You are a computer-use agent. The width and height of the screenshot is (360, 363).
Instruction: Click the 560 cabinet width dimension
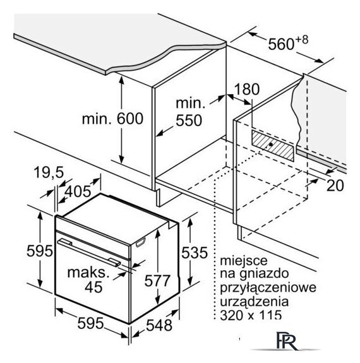pos(281,44)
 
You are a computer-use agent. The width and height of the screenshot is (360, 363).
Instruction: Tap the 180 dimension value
pos(247,89)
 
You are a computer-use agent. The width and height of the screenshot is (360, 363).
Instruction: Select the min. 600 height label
pos(112,119)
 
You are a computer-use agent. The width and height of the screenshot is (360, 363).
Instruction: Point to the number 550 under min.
pos(189,121)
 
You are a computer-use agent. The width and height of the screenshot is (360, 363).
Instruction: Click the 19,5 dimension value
pos(49,172)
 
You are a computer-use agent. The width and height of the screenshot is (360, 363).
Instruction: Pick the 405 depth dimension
pos(78,191)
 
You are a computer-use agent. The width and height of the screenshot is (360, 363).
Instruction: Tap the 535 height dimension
pos(195,253)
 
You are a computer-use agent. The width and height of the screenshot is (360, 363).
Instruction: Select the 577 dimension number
pos(157,280)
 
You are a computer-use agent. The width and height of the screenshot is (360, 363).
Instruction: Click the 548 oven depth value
pos(159,325)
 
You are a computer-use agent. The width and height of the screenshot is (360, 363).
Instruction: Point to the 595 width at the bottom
pos(90,323)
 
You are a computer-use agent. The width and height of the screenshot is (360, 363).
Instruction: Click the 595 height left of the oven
pos(40,251)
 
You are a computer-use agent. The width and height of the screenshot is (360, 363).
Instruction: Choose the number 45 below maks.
pos(93,287)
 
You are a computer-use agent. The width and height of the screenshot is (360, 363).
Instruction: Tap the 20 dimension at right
pos(335,186)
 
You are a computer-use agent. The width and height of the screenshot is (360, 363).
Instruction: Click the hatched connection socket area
pos(273,146)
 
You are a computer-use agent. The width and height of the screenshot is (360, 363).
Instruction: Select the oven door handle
pos(89,253)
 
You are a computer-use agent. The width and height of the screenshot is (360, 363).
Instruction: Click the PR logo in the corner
pos(287,341)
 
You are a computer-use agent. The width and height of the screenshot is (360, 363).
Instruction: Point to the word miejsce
pos(244,261)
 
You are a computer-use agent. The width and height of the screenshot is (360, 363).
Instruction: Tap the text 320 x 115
pos(251,315)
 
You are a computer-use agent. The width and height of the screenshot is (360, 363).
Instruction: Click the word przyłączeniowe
pos(268,288)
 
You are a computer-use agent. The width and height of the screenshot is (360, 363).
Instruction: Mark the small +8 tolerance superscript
pos(302,40)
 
